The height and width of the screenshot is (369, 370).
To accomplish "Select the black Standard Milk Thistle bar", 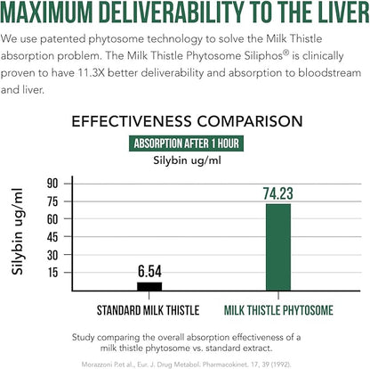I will [x=149, y=285].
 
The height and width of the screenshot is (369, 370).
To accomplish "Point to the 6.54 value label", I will [x=149, y=271].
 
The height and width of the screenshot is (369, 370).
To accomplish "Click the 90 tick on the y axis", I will [x=52, y=183].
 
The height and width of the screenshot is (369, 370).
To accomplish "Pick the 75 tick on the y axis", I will [x=52, y=201].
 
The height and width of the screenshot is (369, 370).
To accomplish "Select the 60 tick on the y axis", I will [x=52, y=219].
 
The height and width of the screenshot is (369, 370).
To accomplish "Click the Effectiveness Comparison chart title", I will [x=185, y=120].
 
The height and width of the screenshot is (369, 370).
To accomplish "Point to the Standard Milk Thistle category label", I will [x=149, y=310].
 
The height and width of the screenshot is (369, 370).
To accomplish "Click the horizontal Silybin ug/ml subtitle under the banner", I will [x=184, y=160].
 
